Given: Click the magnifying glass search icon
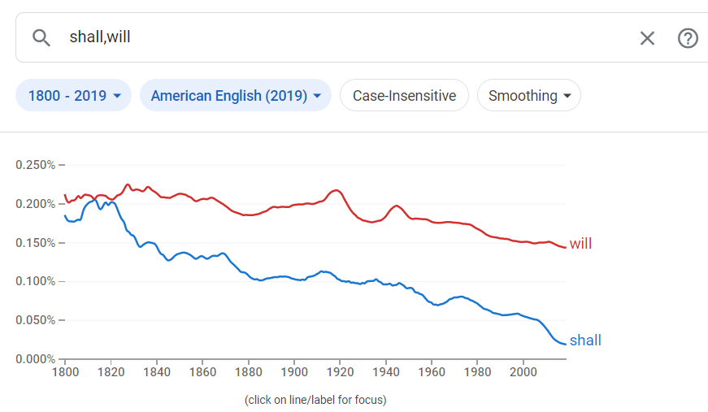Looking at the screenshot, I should click(41, 37).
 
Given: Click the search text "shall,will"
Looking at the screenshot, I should click(100, 37).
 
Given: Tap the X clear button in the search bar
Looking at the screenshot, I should click(647, 38).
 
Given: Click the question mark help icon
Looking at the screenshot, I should click(688, 38).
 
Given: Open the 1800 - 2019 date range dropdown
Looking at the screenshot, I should click(74, 96).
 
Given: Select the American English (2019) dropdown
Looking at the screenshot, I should click(236, 96).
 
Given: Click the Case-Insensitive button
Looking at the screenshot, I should click(404, 96).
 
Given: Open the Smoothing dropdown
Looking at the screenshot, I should click(528, 96).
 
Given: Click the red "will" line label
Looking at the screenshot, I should click(580, 244).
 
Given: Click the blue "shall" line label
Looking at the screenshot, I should click(585, 340).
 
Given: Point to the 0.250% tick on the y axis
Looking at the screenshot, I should click(35, 165).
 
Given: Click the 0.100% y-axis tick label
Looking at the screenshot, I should click(35, 282).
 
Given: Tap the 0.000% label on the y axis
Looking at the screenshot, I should click(35, 359).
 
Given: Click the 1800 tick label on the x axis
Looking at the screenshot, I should click(64, 373).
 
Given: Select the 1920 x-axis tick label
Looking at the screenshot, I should click(340, 373).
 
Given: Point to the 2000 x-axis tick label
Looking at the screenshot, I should click(523, 373).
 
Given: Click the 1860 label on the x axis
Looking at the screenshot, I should click(202, 373).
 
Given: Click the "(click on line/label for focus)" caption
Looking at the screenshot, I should click(315, 400).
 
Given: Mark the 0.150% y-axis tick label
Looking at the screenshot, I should click(35, 243).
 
